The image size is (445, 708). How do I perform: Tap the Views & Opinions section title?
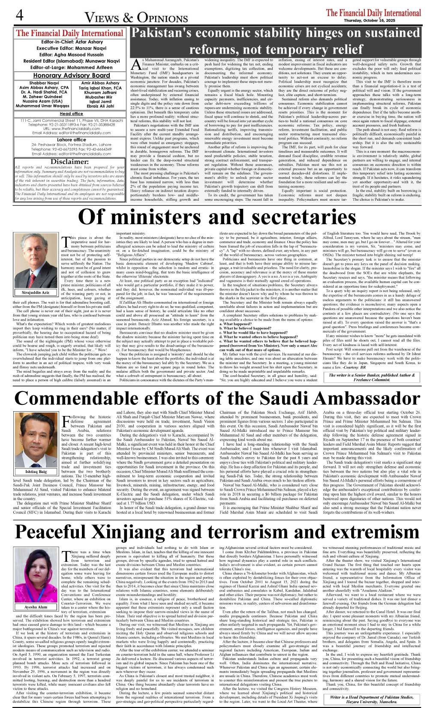136,17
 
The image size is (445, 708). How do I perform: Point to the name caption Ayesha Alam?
36,607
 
